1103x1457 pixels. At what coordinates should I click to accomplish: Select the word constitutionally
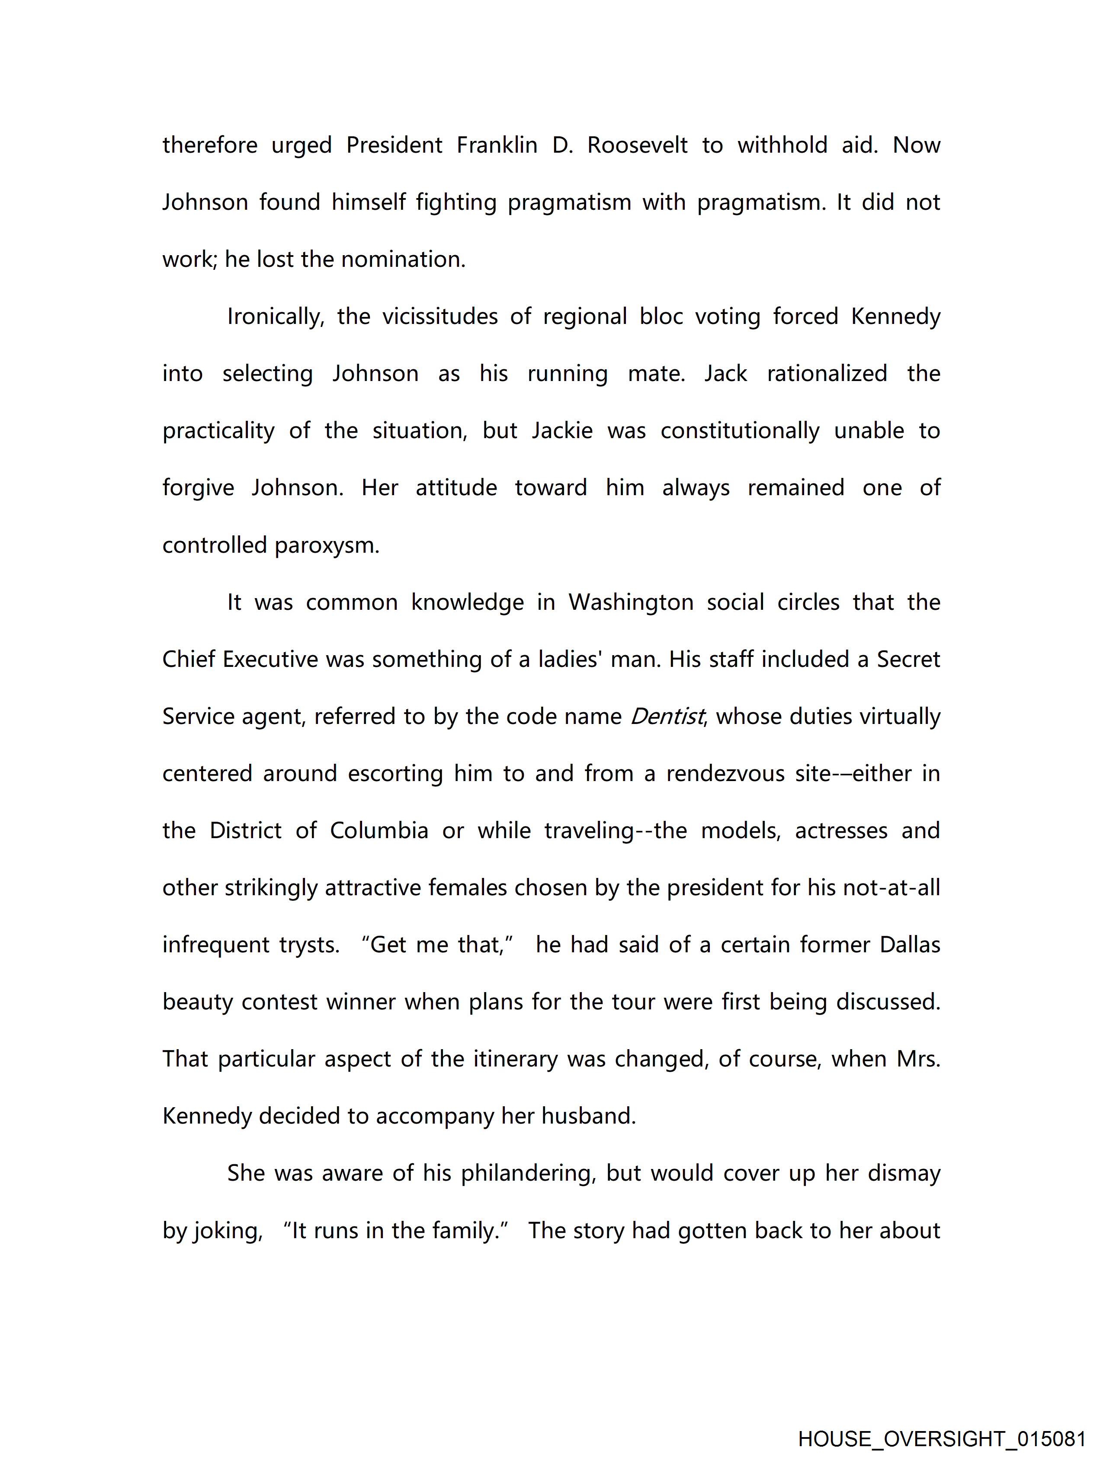point(740,431)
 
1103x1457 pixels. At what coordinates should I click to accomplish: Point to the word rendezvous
point(725,773)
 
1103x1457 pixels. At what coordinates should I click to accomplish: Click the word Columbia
point(379,831)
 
